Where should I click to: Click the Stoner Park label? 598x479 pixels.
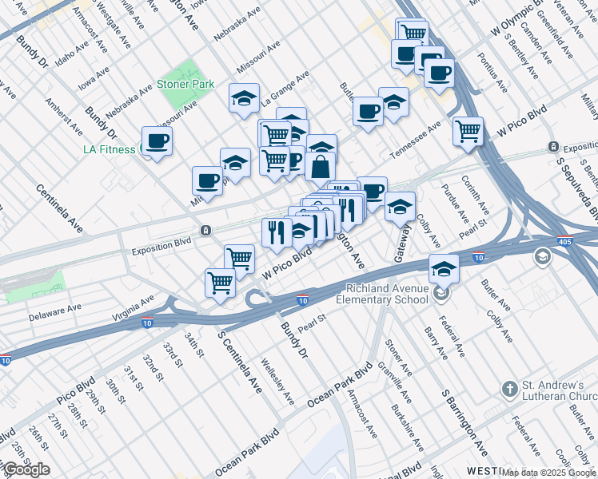pyautogui.click(x=185, y=83)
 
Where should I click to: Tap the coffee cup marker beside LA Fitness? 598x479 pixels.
pyautogui.click(x=157, y=141)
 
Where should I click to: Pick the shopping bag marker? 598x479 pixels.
pyautogui.click(x=320, y=168)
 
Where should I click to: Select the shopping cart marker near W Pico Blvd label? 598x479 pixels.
pyautogui.click(x=468, y=130)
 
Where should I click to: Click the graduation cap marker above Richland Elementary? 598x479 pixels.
pyautogui.click(x=444, y=268)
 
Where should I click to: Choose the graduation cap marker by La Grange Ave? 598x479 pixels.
pyautogui.click(x=245, y=98)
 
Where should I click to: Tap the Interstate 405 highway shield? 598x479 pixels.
pyautogui.click(x=564, y=239)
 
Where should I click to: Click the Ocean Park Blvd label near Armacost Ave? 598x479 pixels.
pyautogui.click(x=341, y=386)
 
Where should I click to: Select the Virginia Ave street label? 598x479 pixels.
pyautogui.click(x=133, y=310)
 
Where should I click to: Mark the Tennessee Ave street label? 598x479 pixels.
pyautogui.click(x=415, y=141)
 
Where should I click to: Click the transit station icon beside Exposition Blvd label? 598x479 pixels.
pyautogui.click(x=206, y=231)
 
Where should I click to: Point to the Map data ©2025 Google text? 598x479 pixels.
pyautogui.click(x=549, y=473)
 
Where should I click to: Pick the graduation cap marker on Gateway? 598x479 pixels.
pyautogui.click(x=400, y=207)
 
